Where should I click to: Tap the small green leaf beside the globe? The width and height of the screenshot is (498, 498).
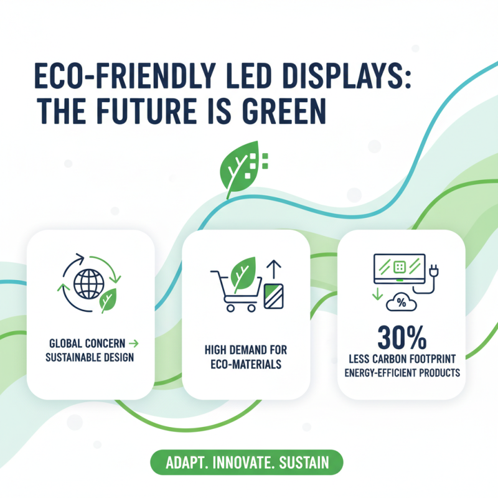click(x=110, y=299)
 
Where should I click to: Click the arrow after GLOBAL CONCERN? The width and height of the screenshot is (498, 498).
click(x=135, y=343)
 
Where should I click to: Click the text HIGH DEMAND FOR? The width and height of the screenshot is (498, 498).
click(x=245, y=350)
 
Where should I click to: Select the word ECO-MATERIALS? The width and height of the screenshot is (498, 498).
click(x=246, y=364)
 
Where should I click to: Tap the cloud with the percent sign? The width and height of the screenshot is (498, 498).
click(x=402, y=303)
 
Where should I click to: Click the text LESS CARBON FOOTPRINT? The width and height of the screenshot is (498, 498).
click(x=401, y=359)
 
